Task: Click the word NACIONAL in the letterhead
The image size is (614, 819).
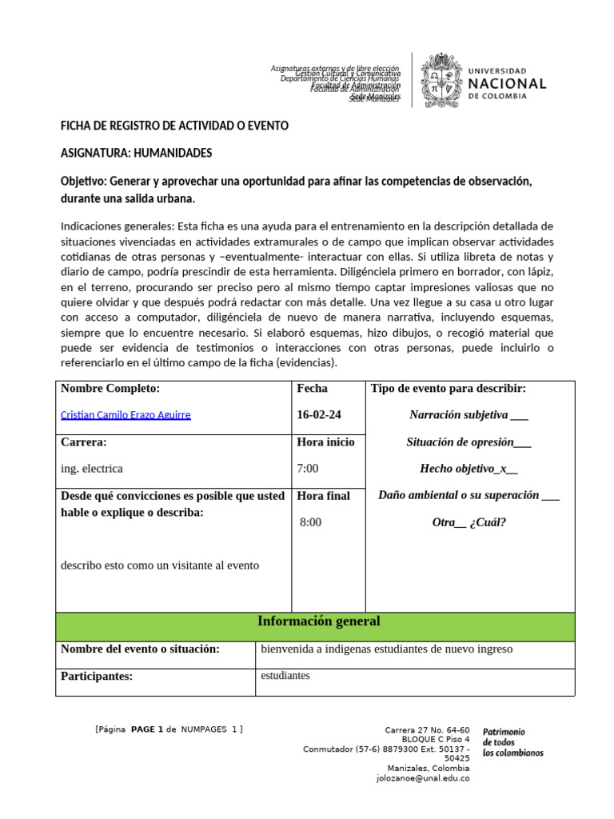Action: tap(507, 83)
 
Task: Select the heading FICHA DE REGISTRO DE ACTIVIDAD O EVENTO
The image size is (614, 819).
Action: tap(175, 126)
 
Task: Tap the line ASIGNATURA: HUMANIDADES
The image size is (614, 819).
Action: tap(137, 153)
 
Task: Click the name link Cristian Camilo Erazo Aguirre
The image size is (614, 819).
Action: tap(126, 414)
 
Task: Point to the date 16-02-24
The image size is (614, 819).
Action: tap(318, 414)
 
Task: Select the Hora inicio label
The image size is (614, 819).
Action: tap(325, 441)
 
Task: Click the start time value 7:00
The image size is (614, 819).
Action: tap(308, 468)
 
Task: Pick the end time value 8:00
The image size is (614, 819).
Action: tap(311, 522)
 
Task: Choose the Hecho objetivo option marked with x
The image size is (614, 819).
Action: tap(468, 468)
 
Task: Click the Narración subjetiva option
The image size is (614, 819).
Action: tap(468, 414)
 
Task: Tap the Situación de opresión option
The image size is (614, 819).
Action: tap(468, 441)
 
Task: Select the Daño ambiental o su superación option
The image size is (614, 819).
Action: tap(468, 495)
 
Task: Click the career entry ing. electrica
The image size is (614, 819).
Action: tap(92, 468)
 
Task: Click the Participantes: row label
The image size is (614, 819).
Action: tap(97, 677)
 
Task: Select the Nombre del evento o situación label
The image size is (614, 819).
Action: tap(140, 649)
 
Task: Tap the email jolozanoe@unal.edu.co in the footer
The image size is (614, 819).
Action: tap(423, 777)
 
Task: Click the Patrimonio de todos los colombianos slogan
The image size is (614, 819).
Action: tap(512, 742)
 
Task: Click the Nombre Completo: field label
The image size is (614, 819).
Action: tap(110, 389)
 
